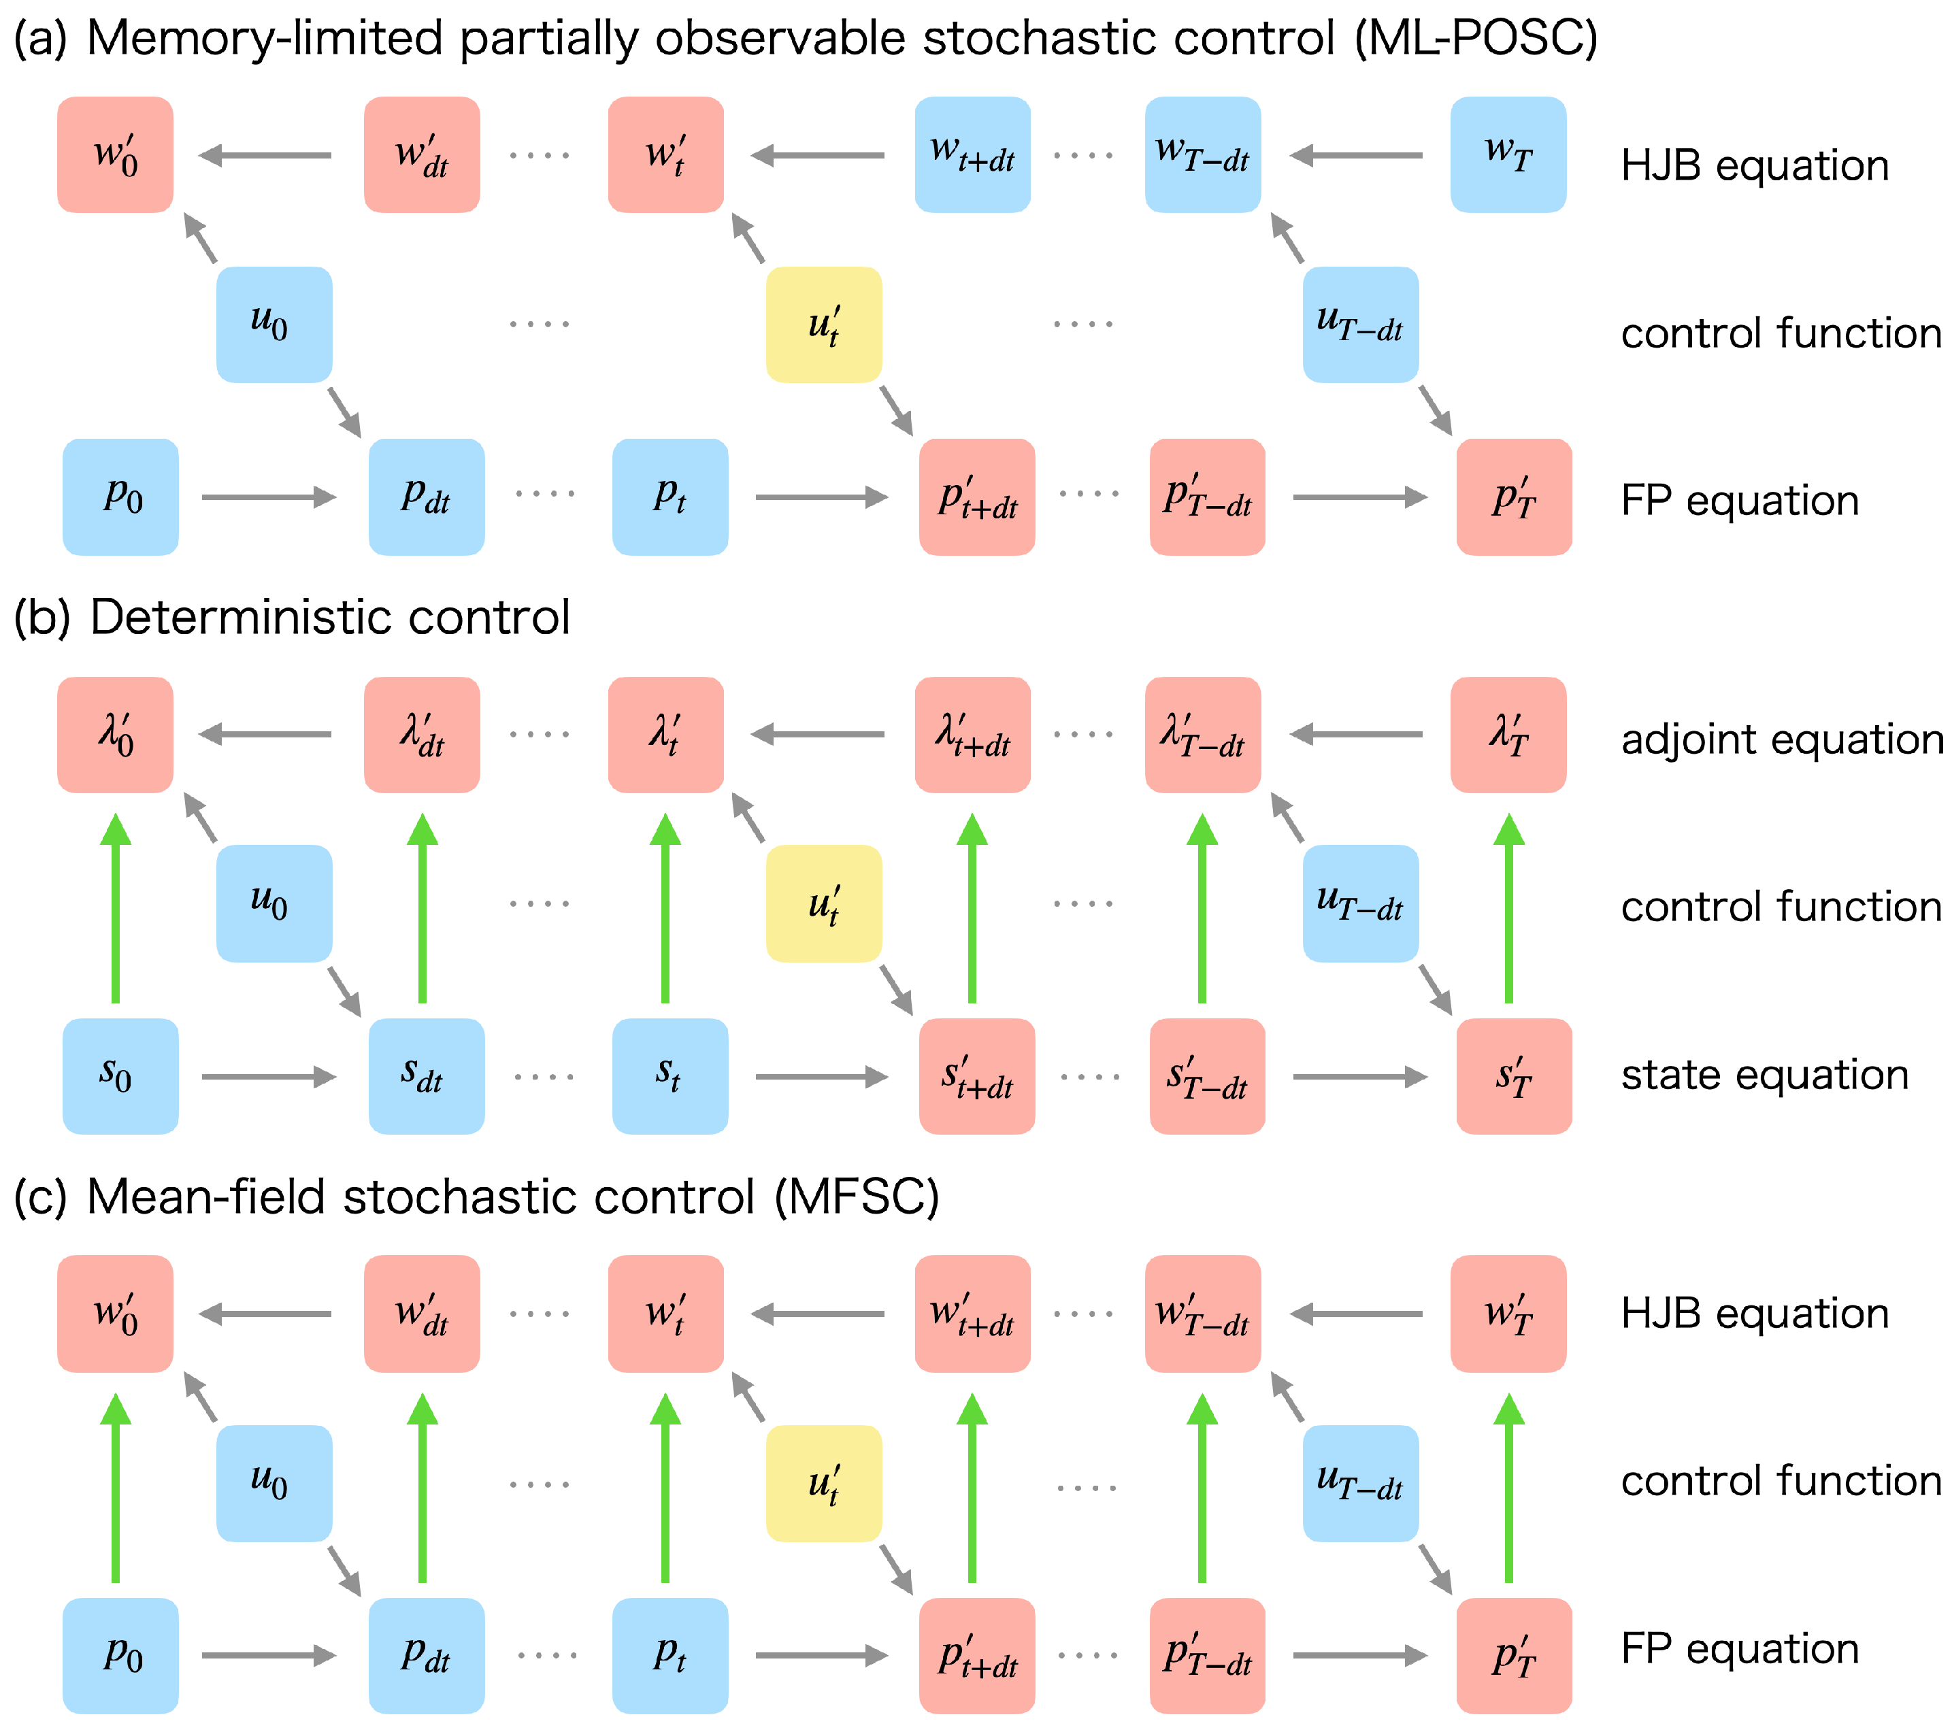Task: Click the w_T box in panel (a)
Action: [x=1508, y=154]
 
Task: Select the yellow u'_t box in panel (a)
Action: [x=823, y=324]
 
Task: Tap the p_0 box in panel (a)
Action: [x=120, y=497]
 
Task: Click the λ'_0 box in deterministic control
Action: [x=114, y=734]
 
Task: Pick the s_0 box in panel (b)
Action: [x=120, y=1076]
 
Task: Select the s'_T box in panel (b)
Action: [x=1514, y=1076]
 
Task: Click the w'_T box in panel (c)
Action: [x=1508, y=1314]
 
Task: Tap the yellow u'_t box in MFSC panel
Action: [x=823, y=1484]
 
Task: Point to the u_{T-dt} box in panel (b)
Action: [x=1360, y=903]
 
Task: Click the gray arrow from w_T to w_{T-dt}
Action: [x=1356, y=154]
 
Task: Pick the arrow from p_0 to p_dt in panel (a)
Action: [x=268, y=497]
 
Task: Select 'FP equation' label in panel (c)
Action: [x=1740, y=1649]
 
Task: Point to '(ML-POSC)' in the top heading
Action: [x=1476, y=38]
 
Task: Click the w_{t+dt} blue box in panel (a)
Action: [x=972, y=154]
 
